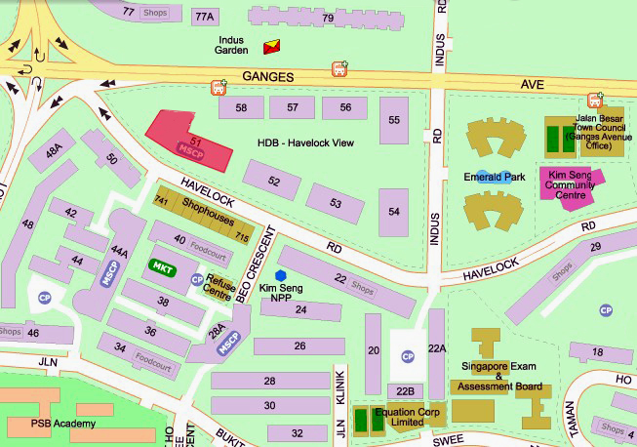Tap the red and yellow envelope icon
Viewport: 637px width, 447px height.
(x=271, y=46)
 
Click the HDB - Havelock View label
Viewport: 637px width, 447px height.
(x=304, y=142)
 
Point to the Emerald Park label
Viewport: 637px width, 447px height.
(x=494, y=178)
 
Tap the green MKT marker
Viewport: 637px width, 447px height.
(x=161, y=265)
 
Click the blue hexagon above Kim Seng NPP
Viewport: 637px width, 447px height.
(x=281, y=275)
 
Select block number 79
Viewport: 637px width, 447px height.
(x=328, y=18)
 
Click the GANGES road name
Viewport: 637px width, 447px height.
(x=267, y=75)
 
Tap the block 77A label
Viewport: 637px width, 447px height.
(x=204, y=17)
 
